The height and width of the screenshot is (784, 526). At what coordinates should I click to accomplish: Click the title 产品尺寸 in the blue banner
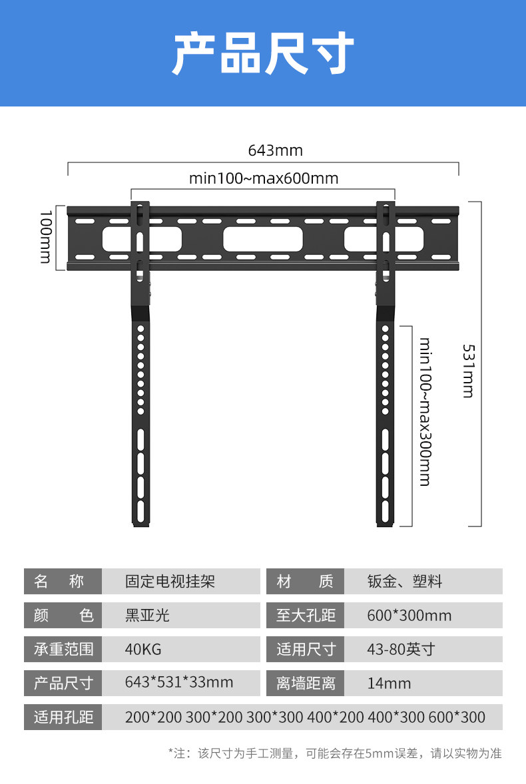point(263,53)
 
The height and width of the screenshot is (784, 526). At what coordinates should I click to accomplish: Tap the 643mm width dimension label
point(276,150)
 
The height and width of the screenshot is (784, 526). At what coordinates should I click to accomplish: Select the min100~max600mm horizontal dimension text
point(264,178)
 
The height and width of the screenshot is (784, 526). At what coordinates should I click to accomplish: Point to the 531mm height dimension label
point(468,371)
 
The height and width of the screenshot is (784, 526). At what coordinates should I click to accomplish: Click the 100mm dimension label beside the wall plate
point(45,236)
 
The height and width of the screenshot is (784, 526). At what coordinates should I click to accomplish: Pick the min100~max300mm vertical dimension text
point(425,411)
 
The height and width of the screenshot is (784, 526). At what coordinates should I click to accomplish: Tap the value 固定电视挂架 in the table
point(170,582)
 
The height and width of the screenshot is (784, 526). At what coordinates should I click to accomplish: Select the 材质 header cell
point(305,582)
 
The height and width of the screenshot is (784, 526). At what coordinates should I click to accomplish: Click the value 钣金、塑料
point(404,582)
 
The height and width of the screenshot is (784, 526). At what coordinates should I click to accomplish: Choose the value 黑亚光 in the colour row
point(147,615)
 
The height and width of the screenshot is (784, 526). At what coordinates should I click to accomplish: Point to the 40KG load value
point(143,649)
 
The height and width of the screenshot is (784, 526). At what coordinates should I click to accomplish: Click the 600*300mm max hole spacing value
point(409,615)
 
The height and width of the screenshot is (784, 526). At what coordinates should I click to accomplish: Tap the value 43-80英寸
point(400,649)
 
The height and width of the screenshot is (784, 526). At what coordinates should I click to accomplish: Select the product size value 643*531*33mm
point(179,683)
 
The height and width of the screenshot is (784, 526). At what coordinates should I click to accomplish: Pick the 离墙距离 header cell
point(305,683)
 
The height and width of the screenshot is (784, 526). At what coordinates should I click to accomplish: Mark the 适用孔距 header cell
point(63,717)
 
